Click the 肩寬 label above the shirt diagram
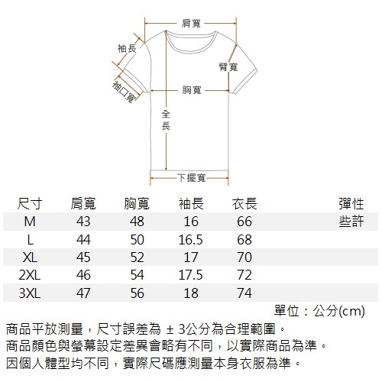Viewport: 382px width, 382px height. pos(191,24)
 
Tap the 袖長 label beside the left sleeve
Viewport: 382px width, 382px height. pos(127,48)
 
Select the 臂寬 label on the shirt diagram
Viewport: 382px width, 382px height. pos(228,67)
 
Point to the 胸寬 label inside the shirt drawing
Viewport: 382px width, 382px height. pos(192,90)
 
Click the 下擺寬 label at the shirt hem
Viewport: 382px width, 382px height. pos(192,178)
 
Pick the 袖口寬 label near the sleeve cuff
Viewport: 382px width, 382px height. pos(124,92)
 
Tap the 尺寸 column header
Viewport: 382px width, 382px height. pos(30,204)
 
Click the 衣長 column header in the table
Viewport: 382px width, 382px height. pos(244,204)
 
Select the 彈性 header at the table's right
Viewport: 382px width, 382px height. pos(351,204)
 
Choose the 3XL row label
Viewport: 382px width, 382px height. pos(30,293)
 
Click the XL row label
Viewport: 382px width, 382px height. pos(30,257)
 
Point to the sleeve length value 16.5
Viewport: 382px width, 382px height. pos(190,240)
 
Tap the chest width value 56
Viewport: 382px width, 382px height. pos(137,293)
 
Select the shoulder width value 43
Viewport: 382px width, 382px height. pos(83,222)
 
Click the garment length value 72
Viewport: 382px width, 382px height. pos(244,275)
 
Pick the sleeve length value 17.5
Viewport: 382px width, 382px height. pos(190,275)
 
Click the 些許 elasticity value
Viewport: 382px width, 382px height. pos(351,221)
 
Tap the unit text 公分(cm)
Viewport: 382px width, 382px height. pos(339,311)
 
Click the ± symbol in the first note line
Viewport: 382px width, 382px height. pos(170,330)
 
